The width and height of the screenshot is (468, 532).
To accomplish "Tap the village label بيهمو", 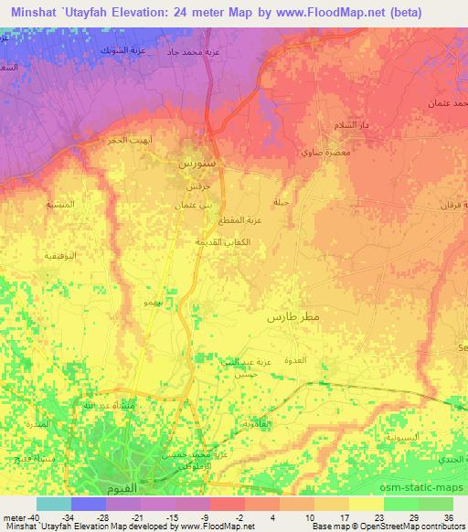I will (x=154, y=301).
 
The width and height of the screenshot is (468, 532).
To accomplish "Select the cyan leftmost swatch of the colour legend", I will (x=54, y=504).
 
